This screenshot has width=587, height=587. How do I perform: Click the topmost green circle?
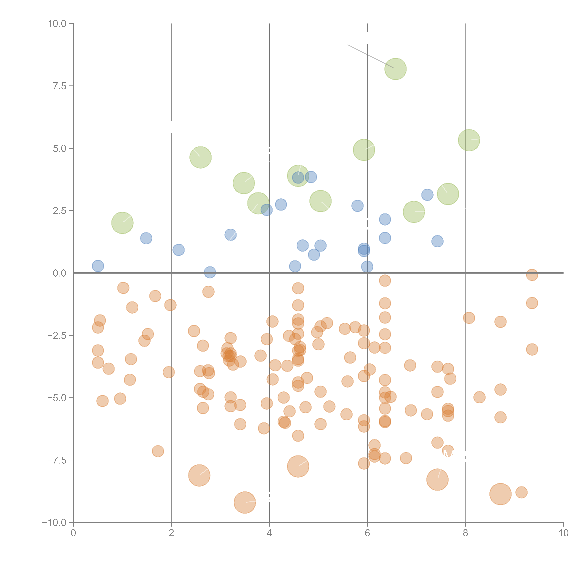click(x=395, y=69)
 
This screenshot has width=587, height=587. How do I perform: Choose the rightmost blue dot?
click(x=437, y=241)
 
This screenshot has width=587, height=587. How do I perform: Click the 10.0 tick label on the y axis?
click(x=57, y=24)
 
